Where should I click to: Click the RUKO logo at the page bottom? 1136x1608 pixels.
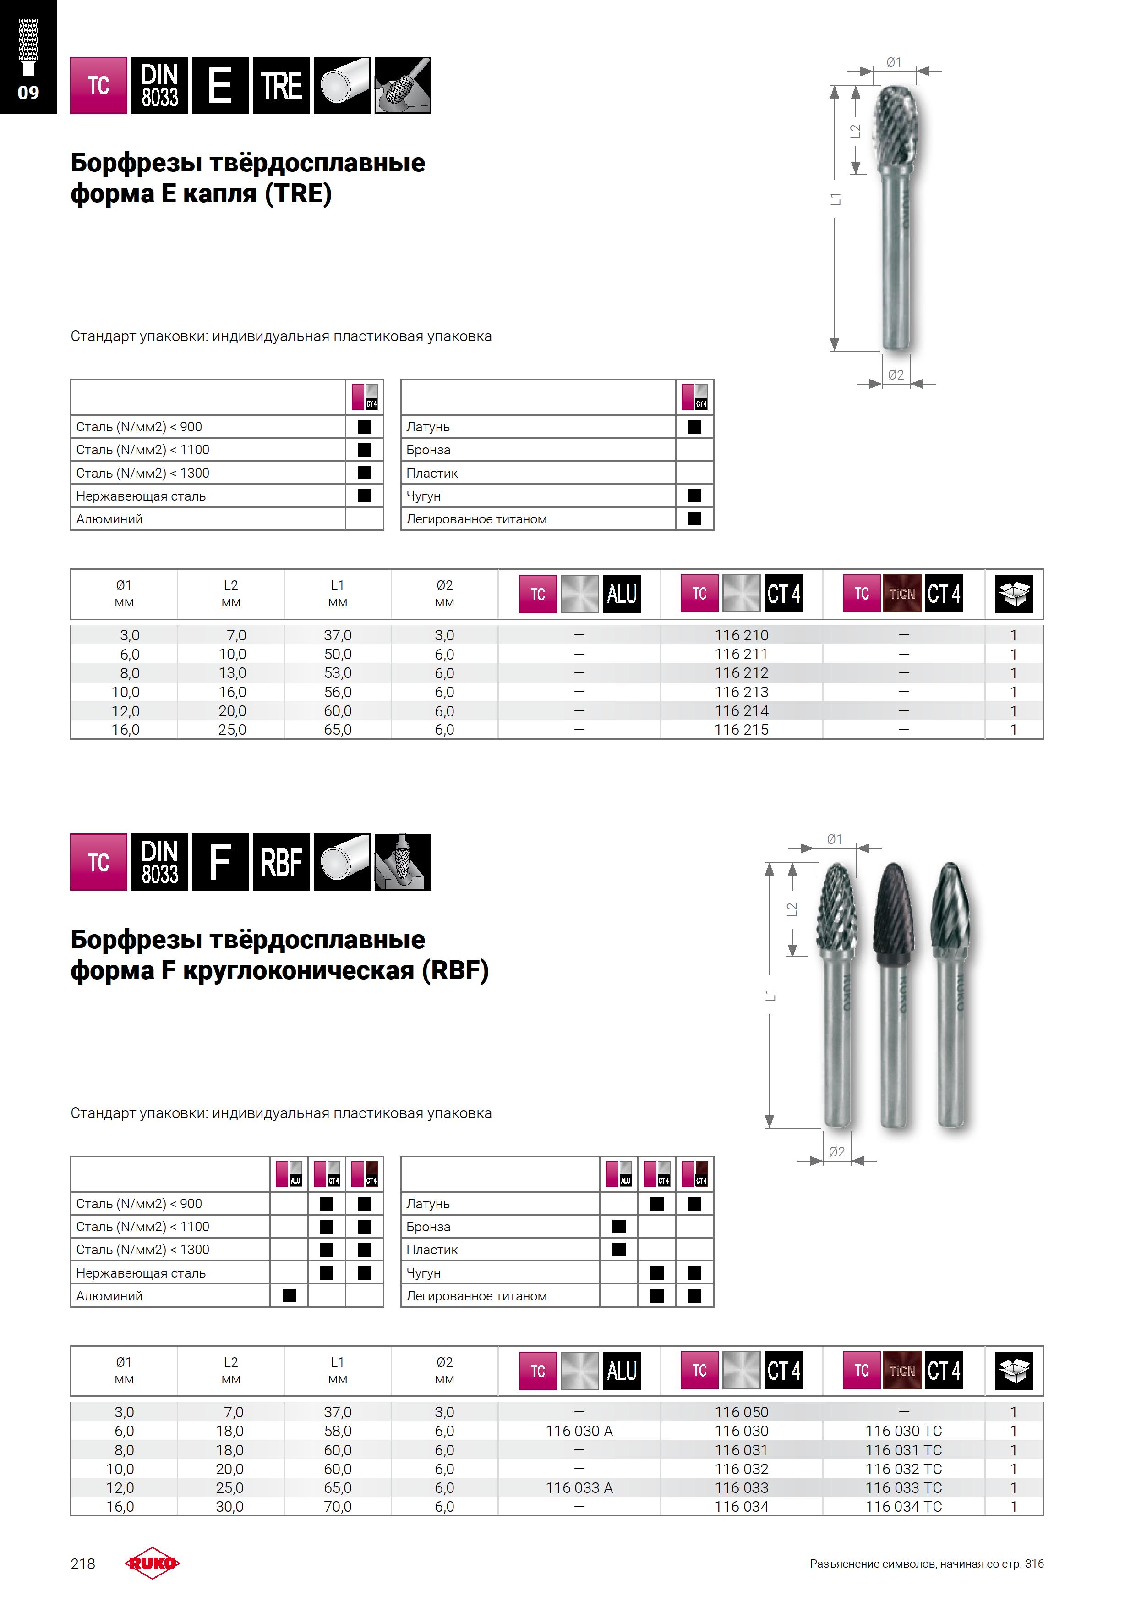pyautogui.click(x=152, y=1563)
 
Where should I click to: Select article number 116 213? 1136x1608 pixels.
pyautogui.click(x=741, y=692)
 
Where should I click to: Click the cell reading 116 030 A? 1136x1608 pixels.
pyautogui.click(x=579, y=1431)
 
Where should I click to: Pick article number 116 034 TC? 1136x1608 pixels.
pyautogui.click(x=903, y=1506)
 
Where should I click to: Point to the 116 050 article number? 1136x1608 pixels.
pyautogui.click(x=741, y=1412)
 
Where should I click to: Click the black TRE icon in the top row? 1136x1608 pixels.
pyautogui.click(x=281, y=85)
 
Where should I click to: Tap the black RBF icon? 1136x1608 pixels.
pyautogui.click(x=281, y=862)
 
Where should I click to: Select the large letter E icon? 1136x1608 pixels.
pyautogui.click(x=220, y=85)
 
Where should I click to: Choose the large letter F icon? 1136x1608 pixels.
pyautogui.click(x=220, y=862)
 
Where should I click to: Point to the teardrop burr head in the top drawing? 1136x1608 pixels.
pyautogui.click(x=903, y=130)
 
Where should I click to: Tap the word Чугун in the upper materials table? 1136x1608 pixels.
pyautogui.click(x=423, y=496)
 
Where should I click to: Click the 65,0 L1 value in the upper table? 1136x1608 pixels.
pyautogui.click(x=338, y=730)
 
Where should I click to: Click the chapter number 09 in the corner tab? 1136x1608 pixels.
pyautogui.click(x=28, y=93)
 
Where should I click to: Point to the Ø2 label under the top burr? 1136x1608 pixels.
pyautogui.click(x=896, y=374)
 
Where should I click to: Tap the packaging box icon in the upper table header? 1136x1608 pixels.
pyautogui.click(x=1014, y=594)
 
